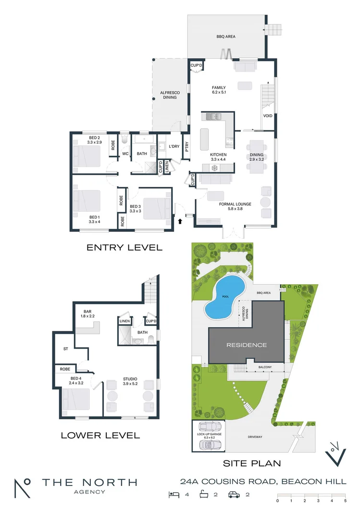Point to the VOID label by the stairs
coord(267,116)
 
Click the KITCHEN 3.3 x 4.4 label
coord(218,157)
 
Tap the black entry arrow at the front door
coord(180,221)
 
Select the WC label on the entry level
coord(125,154)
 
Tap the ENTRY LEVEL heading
coord(124,248)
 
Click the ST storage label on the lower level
coord(66,349)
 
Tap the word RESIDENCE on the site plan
coord(246,345)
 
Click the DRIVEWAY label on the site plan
coord(255,437)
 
